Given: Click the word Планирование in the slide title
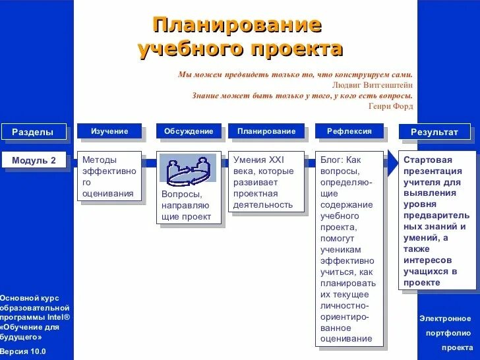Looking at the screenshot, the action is click(237, 25).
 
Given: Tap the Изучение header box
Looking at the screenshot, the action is click(109, 131).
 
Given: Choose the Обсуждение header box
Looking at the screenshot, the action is click(189, 131).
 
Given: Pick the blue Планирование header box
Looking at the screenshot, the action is click(266, 131).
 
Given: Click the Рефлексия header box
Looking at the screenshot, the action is click(349, 131).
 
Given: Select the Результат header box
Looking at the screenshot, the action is click(435, 132).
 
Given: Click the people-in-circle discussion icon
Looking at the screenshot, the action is click(188, 171).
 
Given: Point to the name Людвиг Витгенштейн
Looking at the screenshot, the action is click(373, 85).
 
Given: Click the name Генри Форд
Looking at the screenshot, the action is click(391, 106).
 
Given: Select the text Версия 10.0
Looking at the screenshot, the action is click(23, 351).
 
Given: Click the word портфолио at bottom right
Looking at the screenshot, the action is click(448, 333).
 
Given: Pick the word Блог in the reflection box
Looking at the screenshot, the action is click(332, 160).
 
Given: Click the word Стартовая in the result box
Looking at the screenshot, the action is click(428, 160).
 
